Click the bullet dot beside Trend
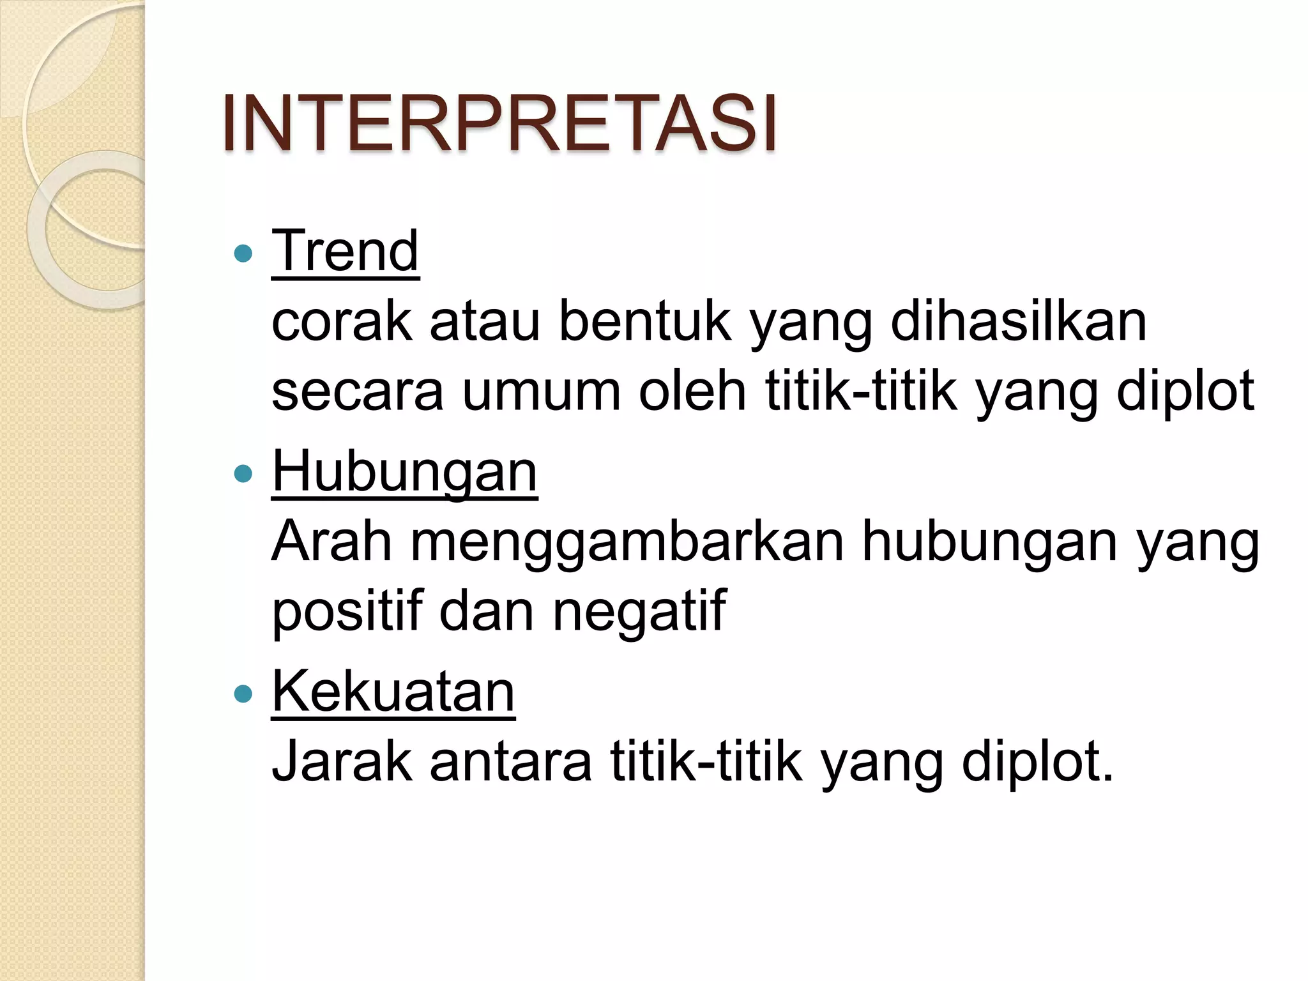pyautogui.click(x=243, y=254)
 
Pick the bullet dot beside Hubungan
pyautogui.click(x=243, y=474)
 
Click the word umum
pyautogui.click(x=542, y=391)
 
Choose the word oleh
pyautogui.click(x=692, y=391)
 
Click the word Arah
pyautogui.click(x=331, y=542)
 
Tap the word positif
pyautogui.click(x=348, y=611)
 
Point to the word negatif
pyautogui.click(x=639, y=611)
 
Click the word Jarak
pyautogui.click(x=342, y=761)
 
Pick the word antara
pyautogui.click(x=511, y=761)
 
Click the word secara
pyautogui.click(x=357, y=391)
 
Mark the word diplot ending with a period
pyautogui.click(x=1037, y=761)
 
